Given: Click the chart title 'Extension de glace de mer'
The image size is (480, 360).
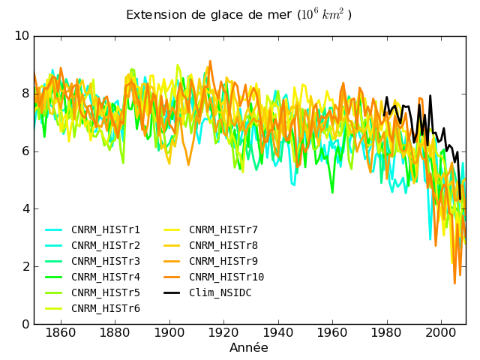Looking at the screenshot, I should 209,15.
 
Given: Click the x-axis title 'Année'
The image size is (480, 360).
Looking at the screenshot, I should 248,348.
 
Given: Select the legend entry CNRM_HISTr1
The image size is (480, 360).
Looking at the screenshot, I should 105,229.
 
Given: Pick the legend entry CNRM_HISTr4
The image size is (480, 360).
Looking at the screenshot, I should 105,277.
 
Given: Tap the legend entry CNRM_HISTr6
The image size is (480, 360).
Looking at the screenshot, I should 105,308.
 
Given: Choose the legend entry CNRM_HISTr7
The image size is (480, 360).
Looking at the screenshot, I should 223,229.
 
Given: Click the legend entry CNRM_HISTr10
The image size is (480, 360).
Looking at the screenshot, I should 226,277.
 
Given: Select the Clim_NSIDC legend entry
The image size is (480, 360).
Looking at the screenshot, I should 220,292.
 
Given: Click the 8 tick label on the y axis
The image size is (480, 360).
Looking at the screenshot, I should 25,94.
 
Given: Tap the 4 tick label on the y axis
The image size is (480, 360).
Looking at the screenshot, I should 25,209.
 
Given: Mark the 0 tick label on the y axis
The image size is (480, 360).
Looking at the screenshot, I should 25,325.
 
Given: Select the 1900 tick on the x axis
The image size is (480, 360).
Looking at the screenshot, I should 169,333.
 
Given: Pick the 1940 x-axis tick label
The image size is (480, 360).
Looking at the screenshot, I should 278,333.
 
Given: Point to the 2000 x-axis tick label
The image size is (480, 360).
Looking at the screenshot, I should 441,333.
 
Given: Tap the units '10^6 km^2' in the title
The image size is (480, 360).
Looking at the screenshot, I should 325,15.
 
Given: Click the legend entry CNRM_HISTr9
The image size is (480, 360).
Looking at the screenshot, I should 223,261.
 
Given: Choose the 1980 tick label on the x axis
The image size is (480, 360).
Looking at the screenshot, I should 386,333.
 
